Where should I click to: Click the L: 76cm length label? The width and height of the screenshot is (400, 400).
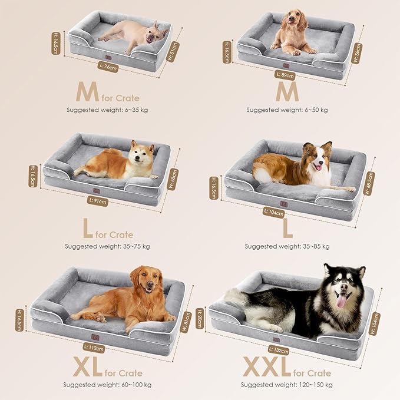pyautogui.click(x=108, y=67)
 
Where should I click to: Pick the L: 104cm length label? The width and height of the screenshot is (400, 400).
pyautogui.click(x=274, y=213)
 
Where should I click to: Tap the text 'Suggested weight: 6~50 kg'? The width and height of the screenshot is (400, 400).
pyautogui.click(x=287, y=110)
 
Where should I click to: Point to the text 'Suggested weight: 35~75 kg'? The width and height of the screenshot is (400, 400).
pyautogui.click(x=107, y=246)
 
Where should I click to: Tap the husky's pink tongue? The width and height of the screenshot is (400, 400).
pyautogui.click(x=341, y=302)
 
